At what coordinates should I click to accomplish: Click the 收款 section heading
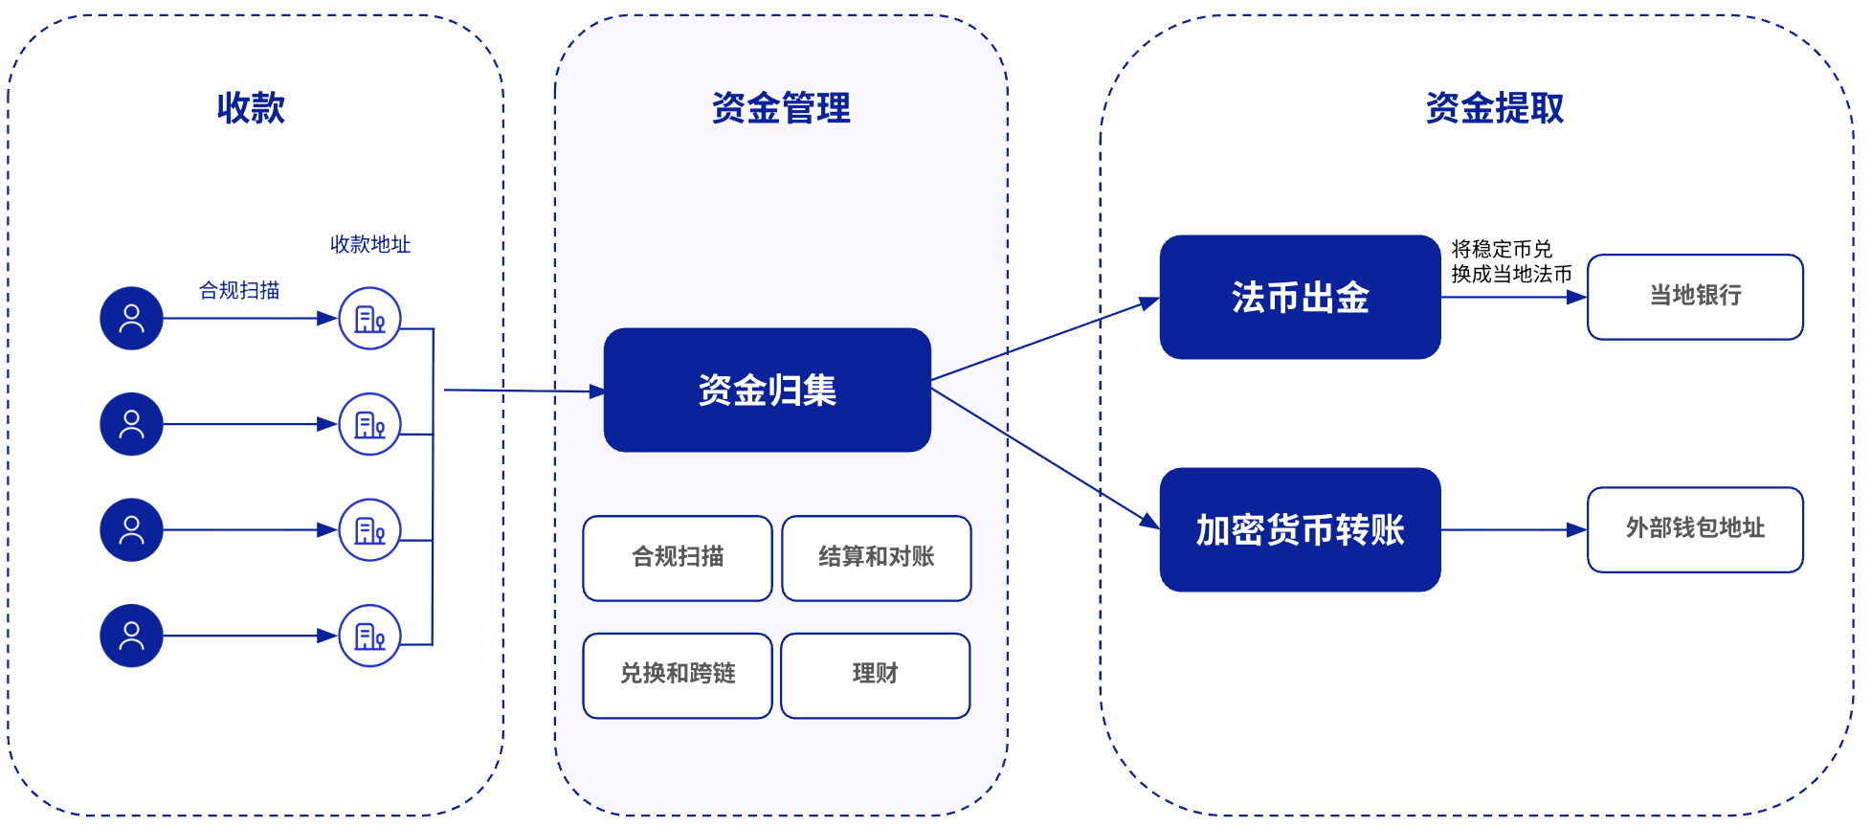[x=251, y=108]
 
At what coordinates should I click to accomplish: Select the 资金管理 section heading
[x=781, y=108]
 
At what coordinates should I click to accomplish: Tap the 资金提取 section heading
[x=1494, y=108]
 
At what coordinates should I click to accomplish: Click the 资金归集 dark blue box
[x=767, y=390]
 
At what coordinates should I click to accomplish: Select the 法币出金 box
[x=1299, y=297]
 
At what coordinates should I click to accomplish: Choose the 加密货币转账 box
[x=1299, y=529]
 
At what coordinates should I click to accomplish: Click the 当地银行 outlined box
[x=1694, y=296]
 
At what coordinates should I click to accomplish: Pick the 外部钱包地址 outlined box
[x=1694, y=529]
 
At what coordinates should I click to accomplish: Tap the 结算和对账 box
[x=876, y=558]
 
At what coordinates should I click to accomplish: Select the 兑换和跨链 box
[x=677, y=675]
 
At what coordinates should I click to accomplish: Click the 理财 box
[x=875, y=675]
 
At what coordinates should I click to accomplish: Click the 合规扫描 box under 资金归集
[x=677, y=558]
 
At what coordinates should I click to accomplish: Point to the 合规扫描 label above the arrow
[x=239, y=290]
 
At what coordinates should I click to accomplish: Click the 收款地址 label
[x=369, y=244]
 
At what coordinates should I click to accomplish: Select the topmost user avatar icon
[x=131, y=318]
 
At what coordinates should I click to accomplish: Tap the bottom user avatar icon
[x=131, y=636]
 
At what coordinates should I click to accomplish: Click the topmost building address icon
[x=369, y=318]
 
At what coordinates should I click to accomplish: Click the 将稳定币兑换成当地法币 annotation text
[x=1510, y=261]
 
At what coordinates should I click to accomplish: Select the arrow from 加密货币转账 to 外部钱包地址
[x=1512, y=529]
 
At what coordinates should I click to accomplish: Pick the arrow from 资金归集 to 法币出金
[x=1043, y=340]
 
